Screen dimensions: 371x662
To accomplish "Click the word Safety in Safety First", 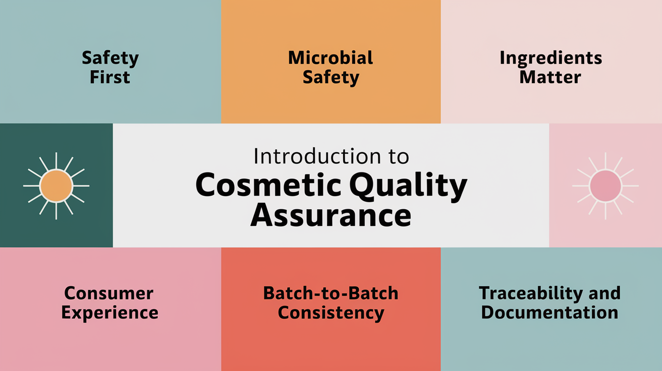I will [110, 58].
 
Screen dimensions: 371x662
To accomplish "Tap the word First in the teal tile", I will [110, 78].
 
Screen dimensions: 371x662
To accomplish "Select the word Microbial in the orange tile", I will [330, 58].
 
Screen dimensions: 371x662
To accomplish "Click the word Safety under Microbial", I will [330, 78].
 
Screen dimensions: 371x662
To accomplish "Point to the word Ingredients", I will [550, 58].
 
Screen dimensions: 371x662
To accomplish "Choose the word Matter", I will [550, 78].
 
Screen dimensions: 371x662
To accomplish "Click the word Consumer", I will [109, 293].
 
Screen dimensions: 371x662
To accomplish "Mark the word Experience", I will [109, 313].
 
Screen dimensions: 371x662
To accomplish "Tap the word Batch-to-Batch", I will [330, 293].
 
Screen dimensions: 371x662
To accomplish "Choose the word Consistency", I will [330, 313].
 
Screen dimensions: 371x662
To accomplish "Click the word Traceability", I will [528, 293].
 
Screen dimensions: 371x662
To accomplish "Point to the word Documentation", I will [549, 313].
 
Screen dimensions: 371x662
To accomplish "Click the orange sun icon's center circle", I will [56, 185].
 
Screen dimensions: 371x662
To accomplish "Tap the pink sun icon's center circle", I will [605, 185].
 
